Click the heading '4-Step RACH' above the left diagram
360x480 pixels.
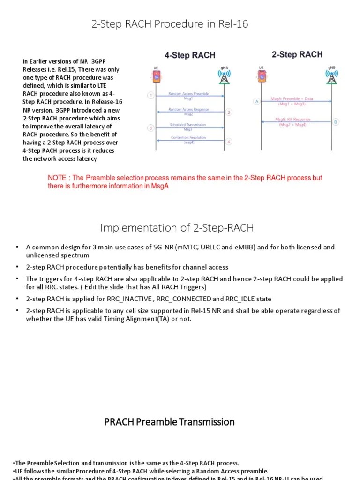click(190, 55)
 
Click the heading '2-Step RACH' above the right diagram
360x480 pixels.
click(297, 54)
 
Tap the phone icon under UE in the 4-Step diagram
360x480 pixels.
click(156, 76)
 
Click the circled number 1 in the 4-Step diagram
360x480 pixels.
click(150, 96)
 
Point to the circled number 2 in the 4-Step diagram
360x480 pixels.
click(229, 112)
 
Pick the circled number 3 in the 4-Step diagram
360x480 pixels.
click(150, 127)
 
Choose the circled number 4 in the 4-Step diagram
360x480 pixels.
click(229, 142)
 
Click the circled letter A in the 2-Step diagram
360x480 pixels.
click(256, 101)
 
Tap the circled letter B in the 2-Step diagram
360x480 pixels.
click(336, 122)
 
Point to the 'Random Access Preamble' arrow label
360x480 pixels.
click(188, 94)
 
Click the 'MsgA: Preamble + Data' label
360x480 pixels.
click(292, 99)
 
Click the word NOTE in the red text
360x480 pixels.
click(58, 178)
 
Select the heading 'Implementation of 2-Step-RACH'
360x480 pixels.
click(177, 228)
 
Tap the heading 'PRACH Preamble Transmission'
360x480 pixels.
click(169, 422)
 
